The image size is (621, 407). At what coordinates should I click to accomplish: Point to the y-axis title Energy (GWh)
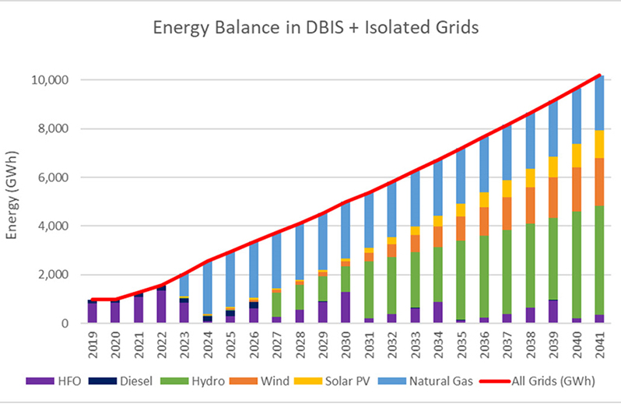click(13, 200)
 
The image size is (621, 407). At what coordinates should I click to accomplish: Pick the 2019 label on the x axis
click(93, 344)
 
